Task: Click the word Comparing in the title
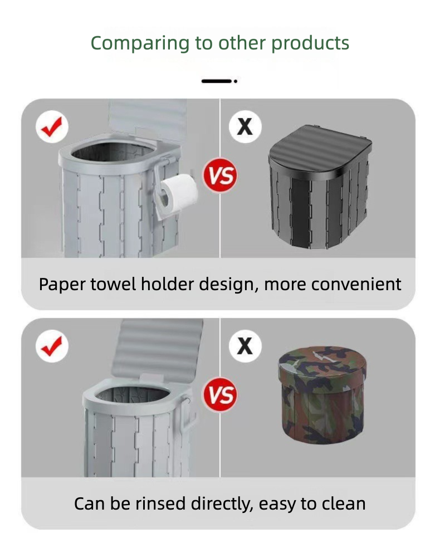point(140,43)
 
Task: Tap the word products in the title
point(310,43)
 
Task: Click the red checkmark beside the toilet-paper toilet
point(52,126)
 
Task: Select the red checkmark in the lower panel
point(52,346)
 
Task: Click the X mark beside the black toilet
point(245,126)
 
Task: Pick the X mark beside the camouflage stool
point(245,346)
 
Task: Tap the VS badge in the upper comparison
point(220,175)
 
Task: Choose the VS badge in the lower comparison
point(220,395)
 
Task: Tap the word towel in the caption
point(113,284)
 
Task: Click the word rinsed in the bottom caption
point(160,504)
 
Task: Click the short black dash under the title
point(217,81)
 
